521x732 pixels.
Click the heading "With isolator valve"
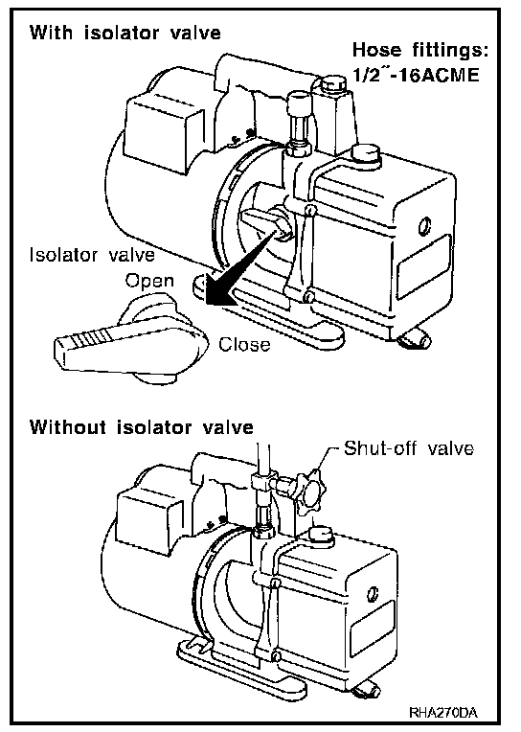click(x=125, y=34)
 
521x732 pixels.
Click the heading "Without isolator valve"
click(x=142, y=427)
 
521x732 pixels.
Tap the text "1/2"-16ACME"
click(x=416, y=75)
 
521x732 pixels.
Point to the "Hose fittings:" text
click(x=420, y=50)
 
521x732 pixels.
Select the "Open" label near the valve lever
click(x=149, y=281)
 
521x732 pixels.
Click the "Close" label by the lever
click(x=244, y=345)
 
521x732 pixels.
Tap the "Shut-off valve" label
click(x=409, y=448)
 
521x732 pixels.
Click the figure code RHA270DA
click(x=443, y=713)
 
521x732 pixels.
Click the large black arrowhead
click(x=219, y=293)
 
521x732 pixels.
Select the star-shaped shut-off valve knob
click(x=310, y=492)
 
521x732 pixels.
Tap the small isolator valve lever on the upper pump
click(x=264, y=222)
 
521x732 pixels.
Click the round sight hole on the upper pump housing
click(x=424, y=226)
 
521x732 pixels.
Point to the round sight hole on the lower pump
click(x=373, y=593)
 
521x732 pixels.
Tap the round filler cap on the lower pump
click(x=321, y=536)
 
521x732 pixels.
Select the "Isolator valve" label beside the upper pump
click(x=92, y=256)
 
